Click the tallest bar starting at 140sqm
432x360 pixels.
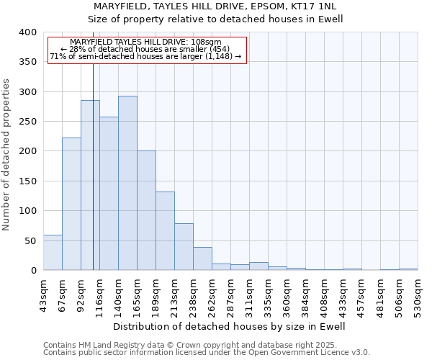[127, 183]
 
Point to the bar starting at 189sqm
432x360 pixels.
[165, 231]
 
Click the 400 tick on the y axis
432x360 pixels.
[27, 32]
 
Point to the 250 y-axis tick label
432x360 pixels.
[27, 122]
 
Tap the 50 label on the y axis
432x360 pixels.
[30, 240]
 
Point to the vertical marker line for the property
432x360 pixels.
[93, 180]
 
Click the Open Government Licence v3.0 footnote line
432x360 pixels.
[206, 353]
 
